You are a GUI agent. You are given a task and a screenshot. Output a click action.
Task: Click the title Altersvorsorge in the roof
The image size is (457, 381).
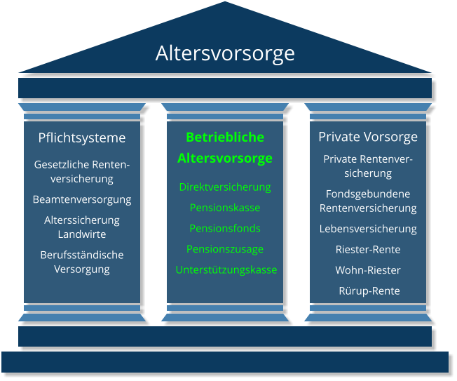(x=225, y=53)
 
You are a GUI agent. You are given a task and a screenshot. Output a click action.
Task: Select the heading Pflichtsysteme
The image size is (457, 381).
(x=82, y=138)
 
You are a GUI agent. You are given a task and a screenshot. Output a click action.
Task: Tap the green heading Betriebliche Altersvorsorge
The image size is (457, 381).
(x=225, y=147)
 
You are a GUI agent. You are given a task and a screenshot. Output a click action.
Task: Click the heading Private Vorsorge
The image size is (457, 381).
(x=368, y=137)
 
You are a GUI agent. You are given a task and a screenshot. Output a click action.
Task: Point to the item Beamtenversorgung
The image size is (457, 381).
(x=82, y=199)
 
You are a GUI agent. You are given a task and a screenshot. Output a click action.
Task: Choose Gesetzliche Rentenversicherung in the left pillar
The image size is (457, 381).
(x=82, y=171)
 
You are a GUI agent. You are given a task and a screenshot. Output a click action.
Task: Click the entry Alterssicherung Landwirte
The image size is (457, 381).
(x=82, y=227)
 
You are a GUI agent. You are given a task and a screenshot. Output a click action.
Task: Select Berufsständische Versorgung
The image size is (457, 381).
(x=82, y=262)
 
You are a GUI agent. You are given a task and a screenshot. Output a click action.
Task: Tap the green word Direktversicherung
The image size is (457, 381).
(x=225, y=187)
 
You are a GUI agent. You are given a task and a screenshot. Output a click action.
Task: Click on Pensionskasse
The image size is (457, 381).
(x=225, y=208)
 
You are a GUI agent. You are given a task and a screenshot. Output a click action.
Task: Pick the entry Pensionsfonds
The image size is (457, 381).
(x=225, y=228)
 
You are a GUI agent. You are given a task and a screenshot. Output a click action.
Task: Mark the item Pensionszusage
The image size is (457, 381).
(x=225, y=249)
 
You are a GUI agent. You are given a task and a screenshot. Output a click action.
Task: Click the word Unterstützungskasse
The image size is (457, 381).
(x=226, y=269)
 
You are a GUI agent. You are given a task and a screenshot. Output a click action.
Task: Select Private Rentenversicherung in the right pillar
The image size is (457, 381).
(x=368, y=166)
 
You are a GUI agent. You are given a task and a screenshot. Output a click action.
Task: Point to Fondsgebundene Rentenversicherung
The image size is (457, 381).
(x=368, y=201)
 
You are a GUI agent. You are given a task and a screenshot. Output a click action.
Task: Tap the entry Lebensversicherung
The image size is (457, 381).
(x=368, y=229)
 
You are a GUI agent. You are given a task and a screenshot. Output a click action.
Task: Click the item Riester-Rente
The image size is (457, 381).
(x=368, y=249)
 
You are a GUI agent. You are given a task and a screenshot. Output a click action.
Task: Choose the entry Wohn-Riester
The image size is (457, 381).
(x=368, y=270)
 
